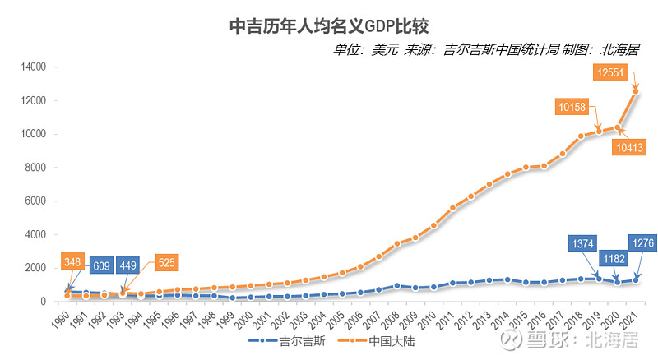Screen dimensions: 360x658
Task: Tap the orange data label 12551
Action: pos(612,73)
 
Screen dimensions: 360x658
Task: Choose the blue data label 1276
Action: pos(644,242)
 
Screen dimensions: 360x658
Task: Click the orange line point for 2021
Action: pos(635,91)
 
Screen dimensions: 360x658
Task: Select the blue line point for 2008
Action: pos(396,286)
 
